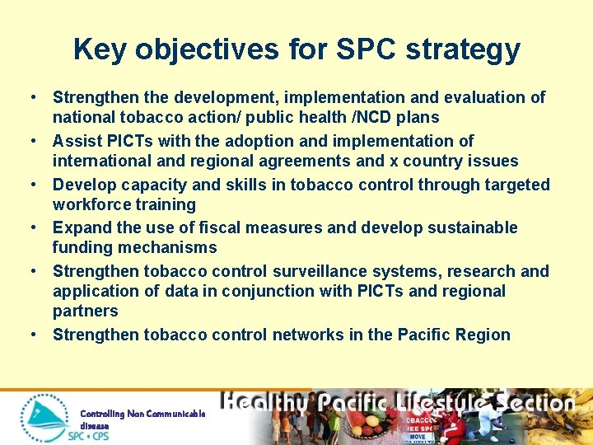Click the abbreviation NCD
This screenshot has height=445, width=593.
(374, 118)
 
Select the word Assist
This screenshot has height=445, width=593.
(76, 141)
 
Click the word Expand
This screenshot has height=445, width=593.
(81, 227)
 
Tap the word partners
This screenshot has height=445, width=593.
(85, 311)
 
